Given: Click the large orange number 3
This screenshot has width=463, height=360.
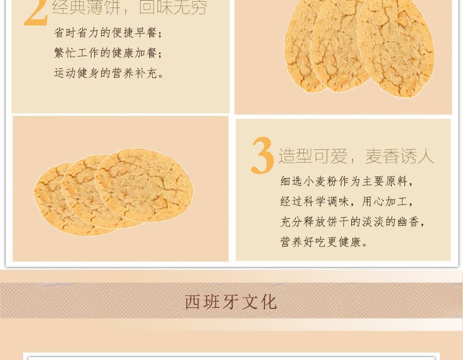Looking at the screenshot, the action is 263,155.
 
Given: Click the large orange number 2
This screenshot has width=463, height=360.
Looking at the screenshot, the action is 36,12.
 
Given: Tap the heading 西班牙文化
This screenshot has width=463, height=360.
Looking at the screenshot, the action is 231,302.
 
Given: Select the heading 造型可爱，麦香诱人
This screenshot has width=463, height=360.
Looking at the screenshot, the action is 356,156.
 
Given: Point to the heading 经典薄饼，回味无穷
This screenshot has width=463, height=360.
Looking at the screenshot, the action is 130,7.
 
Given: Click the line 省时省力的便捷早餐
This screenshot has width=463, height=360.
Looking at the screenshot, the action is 108,33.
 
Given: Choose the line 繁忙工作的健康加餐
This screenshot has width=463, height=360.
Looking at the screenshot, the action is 108,53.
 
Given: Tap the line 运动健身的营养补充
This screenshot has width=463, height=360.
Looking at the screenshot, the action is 109,73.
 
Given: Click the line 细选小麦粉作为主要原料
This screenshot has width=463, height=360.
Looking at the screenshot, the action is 346,181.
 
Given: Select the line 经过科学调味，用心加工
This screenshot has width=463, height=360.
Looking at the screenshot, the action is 346,201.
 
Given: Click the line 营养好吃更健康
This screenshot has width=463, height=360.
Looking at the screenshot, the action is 324,242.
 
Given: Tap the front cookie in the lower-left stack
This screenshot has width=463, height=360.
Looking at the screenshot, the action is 144,185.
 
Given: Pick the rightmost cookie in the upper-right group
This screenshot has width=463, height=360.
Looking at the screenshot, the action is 396,47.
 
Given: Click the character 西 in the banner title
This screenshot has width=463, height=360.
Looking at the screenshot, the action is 193,302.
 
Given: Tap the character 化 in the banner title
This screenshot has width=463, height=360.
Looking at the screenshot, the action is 269,302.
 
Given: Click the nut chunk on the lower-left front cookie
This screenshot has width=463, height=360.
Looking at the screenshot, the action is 160,203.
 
